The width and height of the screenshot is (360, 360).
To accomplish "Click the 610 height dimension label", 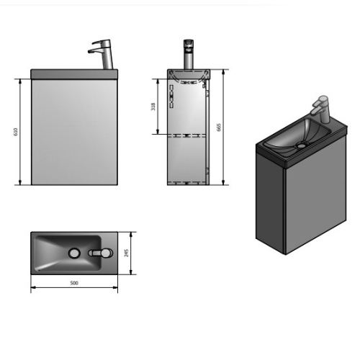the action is pos(16,132).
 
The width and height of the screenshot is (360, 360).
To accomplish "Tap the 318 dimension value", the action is pos(153,107).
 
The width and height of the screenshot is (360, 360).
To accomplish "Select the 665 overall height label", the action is pos(218,127).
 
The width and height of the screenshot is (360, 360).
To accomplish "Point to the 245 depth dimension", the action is pos(127,253).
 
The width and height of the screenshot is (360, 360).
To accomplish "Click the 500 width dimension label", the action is pos(74,283).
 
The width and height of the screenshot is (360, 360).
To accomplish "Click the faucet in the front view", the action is pos(102,54).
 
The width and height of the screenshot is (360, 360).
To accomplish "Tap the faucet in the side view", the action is pos(189,54).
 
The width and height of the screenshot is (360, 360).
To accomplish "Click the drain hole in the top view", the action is pos(74,253).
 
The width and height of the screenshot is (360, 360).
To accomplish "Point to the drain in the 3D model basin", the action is pos(302,145).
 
